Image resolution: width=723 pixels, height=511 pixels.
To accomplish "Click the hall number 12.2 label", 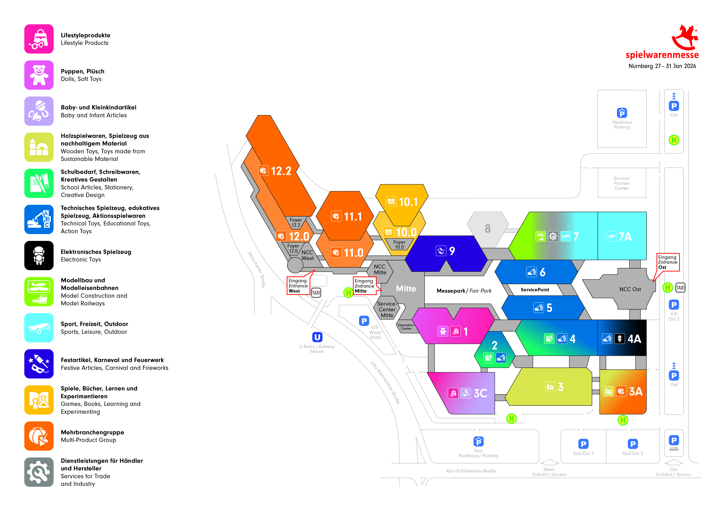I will pyautogui.click(x=281, y=171).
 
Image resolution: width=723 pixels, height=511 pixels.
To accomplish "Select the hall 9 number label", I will pyautogui.click(x=452, y=251).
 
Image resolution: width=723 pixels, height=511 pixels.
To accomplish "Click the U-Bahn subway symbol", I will pyautogui.click(x=317, y=337).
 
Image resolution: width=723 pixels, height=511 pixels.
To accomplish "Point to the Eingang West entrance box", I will pyautogui.click(x=298, y=286).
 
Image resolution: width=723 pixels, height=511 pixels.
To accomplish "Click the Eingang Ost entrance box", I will pyautogui.click(x=668, y=262).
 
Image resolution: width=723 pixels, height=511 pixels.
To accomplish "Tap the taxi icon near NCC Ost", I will pyautogui.click(x=680, y=287).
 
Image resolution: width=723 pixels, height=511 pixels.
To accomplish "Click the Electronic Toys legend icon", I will pyautogui.click(x=39, y=256).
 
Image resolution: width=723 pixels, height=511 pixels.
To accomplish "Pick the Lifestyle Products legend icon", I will pyautogui.click(x=39, y=39).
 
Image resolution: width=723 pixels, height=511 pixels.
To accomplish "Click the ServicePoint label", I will pyautogui.click(x=535, y=290).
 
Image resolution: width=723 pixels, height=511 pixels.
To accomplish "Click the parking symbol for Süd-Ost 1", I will pyautogui.click(x=583, y=444).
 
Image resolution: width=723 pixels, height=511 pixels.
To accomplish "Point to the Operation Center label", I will pyautogui.click(x=406, y=327).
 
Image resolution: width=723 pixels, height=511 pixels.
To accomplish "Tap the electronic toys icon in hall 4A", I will pyautogui.click(x=619, y=339).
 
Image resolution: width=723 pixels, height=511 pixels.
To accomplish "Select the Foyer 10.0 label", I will pyautogui.click(x=399, y=245).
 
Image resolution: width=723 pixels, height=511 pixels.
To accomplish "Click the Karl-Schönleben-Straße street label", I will pyautogui.click(x=471, y=471).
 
